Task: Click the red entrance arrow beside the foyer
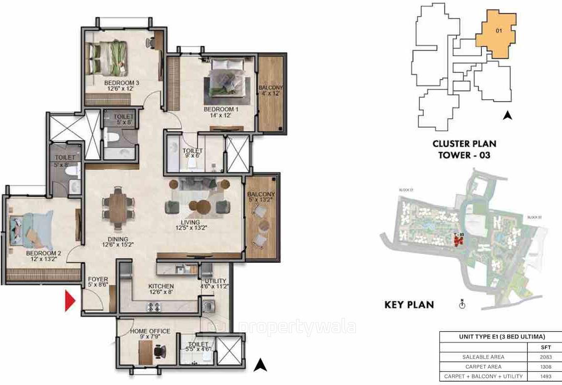point(70,300)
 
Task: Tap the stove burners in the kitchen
point(154,307)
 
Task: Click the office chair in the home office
point(159,352)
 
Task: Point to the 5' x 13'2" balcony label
point(261,198)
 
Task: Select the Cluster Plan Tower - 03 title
point(464,149)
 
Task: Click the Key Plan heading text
point(409,305)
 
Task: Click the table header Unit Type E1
point(493,336)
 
